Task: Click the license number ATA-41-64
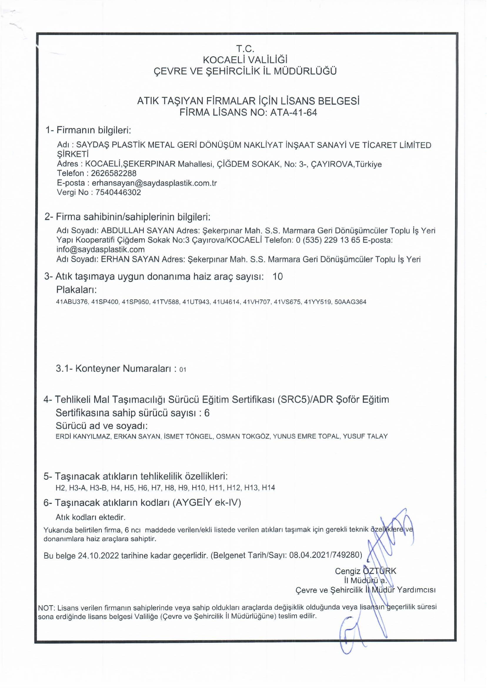(x=293, y=113)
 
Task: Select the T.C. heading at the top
(x=245, y=49)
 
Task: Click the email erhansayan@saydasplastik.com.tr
(x=154, y=183)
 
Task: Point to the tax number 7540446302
(x=118, y=192)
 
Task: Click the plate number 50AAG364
(x=350, y=302)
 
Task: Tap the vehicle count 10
(x=278, y=276)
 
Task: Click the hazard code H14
(x=268, y=488)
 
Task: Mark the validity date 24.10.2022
(x=98, y=555)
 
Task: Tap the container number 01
(x=182, y=370)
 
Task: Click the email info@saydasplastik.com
(x=101, y=249)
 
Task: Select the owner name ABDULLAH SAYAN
(x=138, y=231)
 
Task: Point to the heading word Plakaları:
(x=76, y=290)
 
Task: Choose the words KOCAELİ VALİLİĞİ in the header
(x=245, y=60)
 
